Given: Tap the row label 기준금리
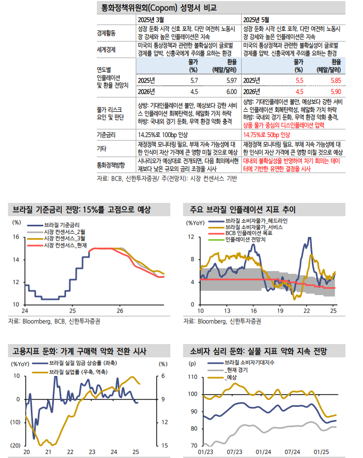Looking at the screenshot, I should pyautogui.click(x=106, y=134).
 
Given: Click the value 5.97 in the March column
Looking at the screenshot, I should pyautogui.click(x=230, y=80).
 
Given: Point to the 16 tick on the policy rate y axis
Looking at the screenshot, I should pyautogui.click(x=16, y=237).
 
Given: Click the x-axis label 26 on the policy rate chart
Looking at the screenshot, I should pyautogui.click(x=120, y=310).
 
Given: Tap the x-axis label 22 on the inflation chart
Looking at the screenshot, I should pyautogui.click(x=307, y=310).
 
